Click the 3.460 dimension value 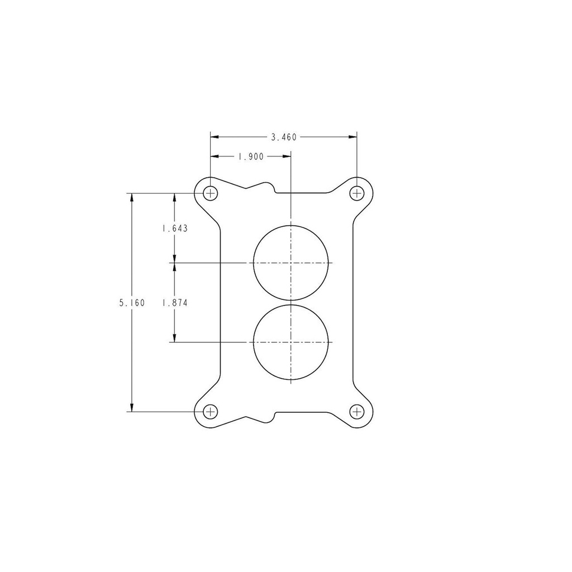click(x=283, y=137)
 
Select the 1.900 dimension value click(x=251, y=157)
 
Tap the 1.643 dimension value click(x=174, y=228)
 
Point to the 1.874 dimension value click(x=174, y=303)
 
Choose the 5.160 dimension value click(x=132, y=303)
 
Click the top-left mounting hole click(x=210, y=193)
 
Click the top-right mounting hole click(x=356, y=193)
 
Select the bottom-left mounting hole click(x=210, y=412)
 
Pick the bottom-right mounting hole click(x=356, y=412)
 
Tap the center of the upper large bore click(x=290, y=263)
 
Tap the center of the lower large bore click(x=290, y=342)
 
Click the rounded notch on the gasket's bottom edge click(x=273, y=417)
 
